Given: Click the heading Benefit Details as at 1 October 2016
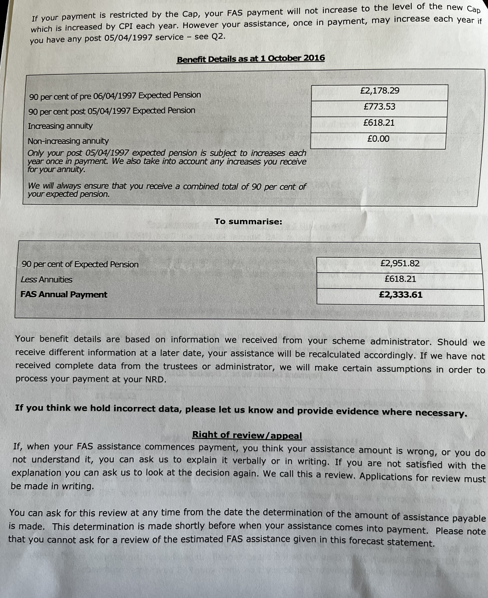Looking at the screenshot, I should [251, 59].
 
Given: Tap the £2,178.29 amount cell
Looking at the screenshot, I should [379, 91].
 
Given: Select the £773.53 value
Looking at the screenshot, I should [379, 107].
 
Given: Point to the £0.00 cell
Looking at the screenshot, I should [378, 139].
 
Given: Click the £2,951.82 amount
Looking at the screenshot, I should [400, 263].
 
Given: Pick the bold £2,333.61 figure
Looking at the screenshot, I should [400, 295].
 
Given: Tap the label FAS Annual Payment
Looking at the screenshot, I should [64, 295].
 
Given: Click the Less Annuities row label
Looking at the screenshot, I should [46, 280].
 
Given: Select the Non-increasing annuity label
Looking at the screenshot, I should [68, 141].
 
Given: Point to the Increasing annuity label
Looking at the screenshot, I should [60, 126].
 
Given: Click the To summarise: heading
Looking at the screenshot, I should [248, 222].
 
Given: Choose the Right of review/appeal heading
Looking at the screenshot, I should [247, 435].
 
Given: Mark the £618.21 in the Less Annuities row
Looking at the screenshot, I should [400, 279].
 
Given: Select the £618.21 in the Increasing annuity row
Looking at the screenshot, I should [379, 123].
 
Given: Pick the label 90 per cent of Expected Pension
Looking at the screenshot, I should [80, 264].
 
